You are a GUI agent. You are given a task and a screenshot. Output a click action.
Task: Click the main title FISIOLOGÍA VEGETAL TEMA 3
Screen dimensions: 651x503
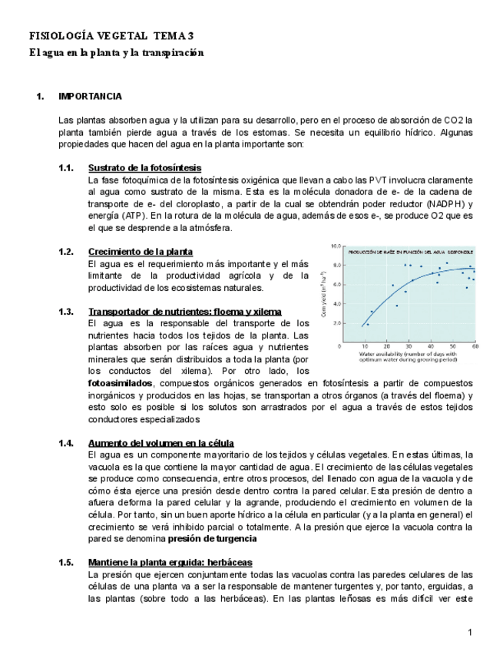pyautogui.click(x=111, y=36)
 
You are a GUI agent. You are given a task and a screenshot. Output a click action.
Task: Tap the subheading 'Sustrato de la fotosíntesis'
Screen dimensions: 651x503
pyautogui.click(x=145, y=167)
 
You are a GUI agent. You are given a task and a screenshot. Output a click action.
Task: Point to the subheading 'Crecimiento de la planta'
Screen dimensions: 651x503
pyautogui.click(x=141, y=251)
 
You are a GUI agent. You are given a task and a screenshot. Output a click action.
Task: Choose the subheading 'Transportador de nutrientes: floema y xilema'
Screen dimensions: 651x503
pyautogui.click(x=184, y=311)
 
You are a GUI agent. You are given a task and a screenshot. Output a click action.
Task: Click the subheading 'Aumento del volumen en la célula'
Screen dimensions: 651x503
pyautogui.click(x=161, y=443)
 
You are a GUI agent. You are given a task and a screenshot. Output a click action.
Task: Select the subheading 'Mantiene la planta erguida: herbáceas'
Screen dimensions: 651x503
pyautogui.click(x=170, y=563)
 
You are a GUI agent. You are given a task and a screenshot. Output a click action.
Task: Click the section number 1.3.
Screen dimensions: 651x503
pyautogui.click(x=66, y=311)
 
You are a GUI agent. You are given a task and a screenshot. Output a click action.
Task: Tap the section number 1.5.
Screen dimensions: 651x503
pyautogui.click(x=66, y=563)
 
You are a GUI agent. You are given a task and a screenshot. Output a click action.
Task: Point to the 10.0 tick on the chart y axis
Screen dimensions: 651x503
pyautogui.click(x=335, y=246)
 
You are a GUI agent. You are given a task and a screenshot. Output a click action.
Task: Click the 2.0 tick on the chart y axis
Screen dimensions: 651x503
pyautogui.click(x=336, y=323)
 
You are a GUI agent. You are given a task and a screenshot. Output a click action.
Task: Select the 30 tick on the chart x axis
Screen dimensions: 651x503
pyautogui.click(x=409, y=347)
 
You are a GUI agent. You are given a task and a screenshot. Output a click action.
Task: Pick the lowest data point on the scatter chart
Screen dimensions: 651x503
pyautogui.click(x=367, y=324)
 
